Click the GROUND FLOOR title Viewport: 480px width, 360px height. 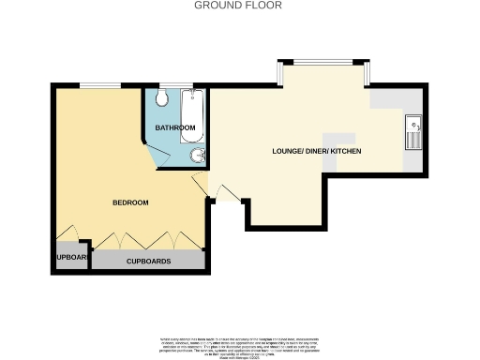238,6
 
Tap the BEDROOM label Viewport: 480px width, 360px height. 130,202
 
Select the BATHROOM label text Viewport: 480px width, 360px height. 175,127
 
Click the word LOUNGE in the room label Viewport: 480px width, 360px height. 288,152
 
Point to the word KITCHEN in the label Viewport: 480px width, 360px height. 344,152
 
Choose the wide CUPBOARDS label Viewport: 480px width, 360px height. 148,261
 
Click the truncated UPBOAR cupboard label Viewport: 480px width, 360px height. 71,258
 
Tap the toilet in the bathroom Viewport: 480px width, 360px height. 161,99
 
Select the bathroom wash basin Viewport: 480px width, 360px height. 197,156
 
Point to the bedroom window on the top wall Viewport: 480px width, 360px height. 98,87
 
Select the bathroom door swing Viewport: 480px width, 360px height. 200,182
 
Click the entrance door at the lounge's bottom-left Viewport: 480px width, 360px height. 226,193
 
